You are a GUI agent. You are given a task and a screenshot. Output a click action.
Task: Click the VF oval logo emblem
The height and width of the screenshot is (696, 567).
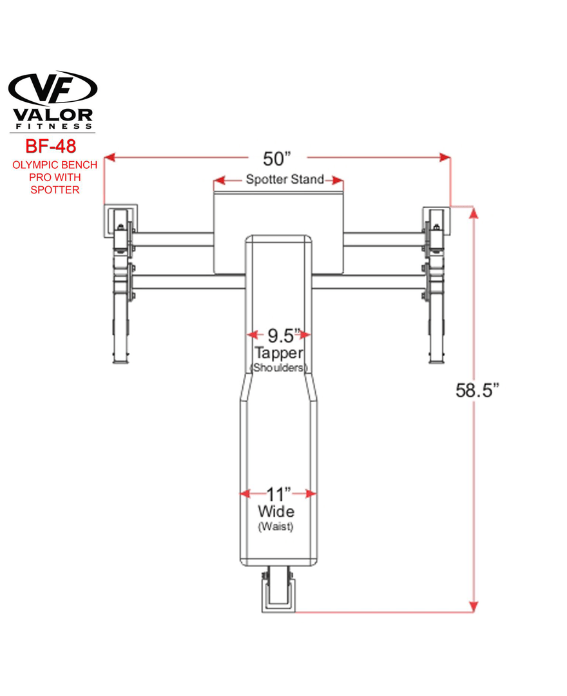[53, 88]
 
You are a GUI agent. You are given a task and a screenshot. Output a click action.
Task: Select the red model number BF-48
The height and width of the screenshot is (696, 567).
[50, 146]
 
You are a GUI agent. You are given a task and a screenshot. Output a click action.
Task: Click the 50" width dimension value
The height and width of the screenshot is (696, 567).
[277, 159]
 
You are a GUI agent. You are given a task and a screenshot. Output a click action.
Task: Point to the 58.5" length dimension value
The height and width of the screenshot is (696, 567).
[477, 390]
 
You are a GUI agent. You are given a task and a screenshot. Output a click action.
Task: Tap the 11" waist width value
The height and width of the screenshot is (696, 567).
[278, 494]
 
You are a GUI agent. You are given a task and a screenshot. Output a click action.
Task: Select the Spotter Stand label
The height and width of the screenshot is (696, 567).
[285, 179]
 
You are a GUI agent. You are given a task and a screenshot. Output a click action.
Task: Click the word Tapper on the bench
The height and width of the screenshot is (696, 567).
[278, 353]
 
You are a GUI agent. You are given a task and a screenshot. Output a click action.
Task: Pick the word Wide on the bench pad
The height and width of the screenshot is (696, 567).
[276, 511]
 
